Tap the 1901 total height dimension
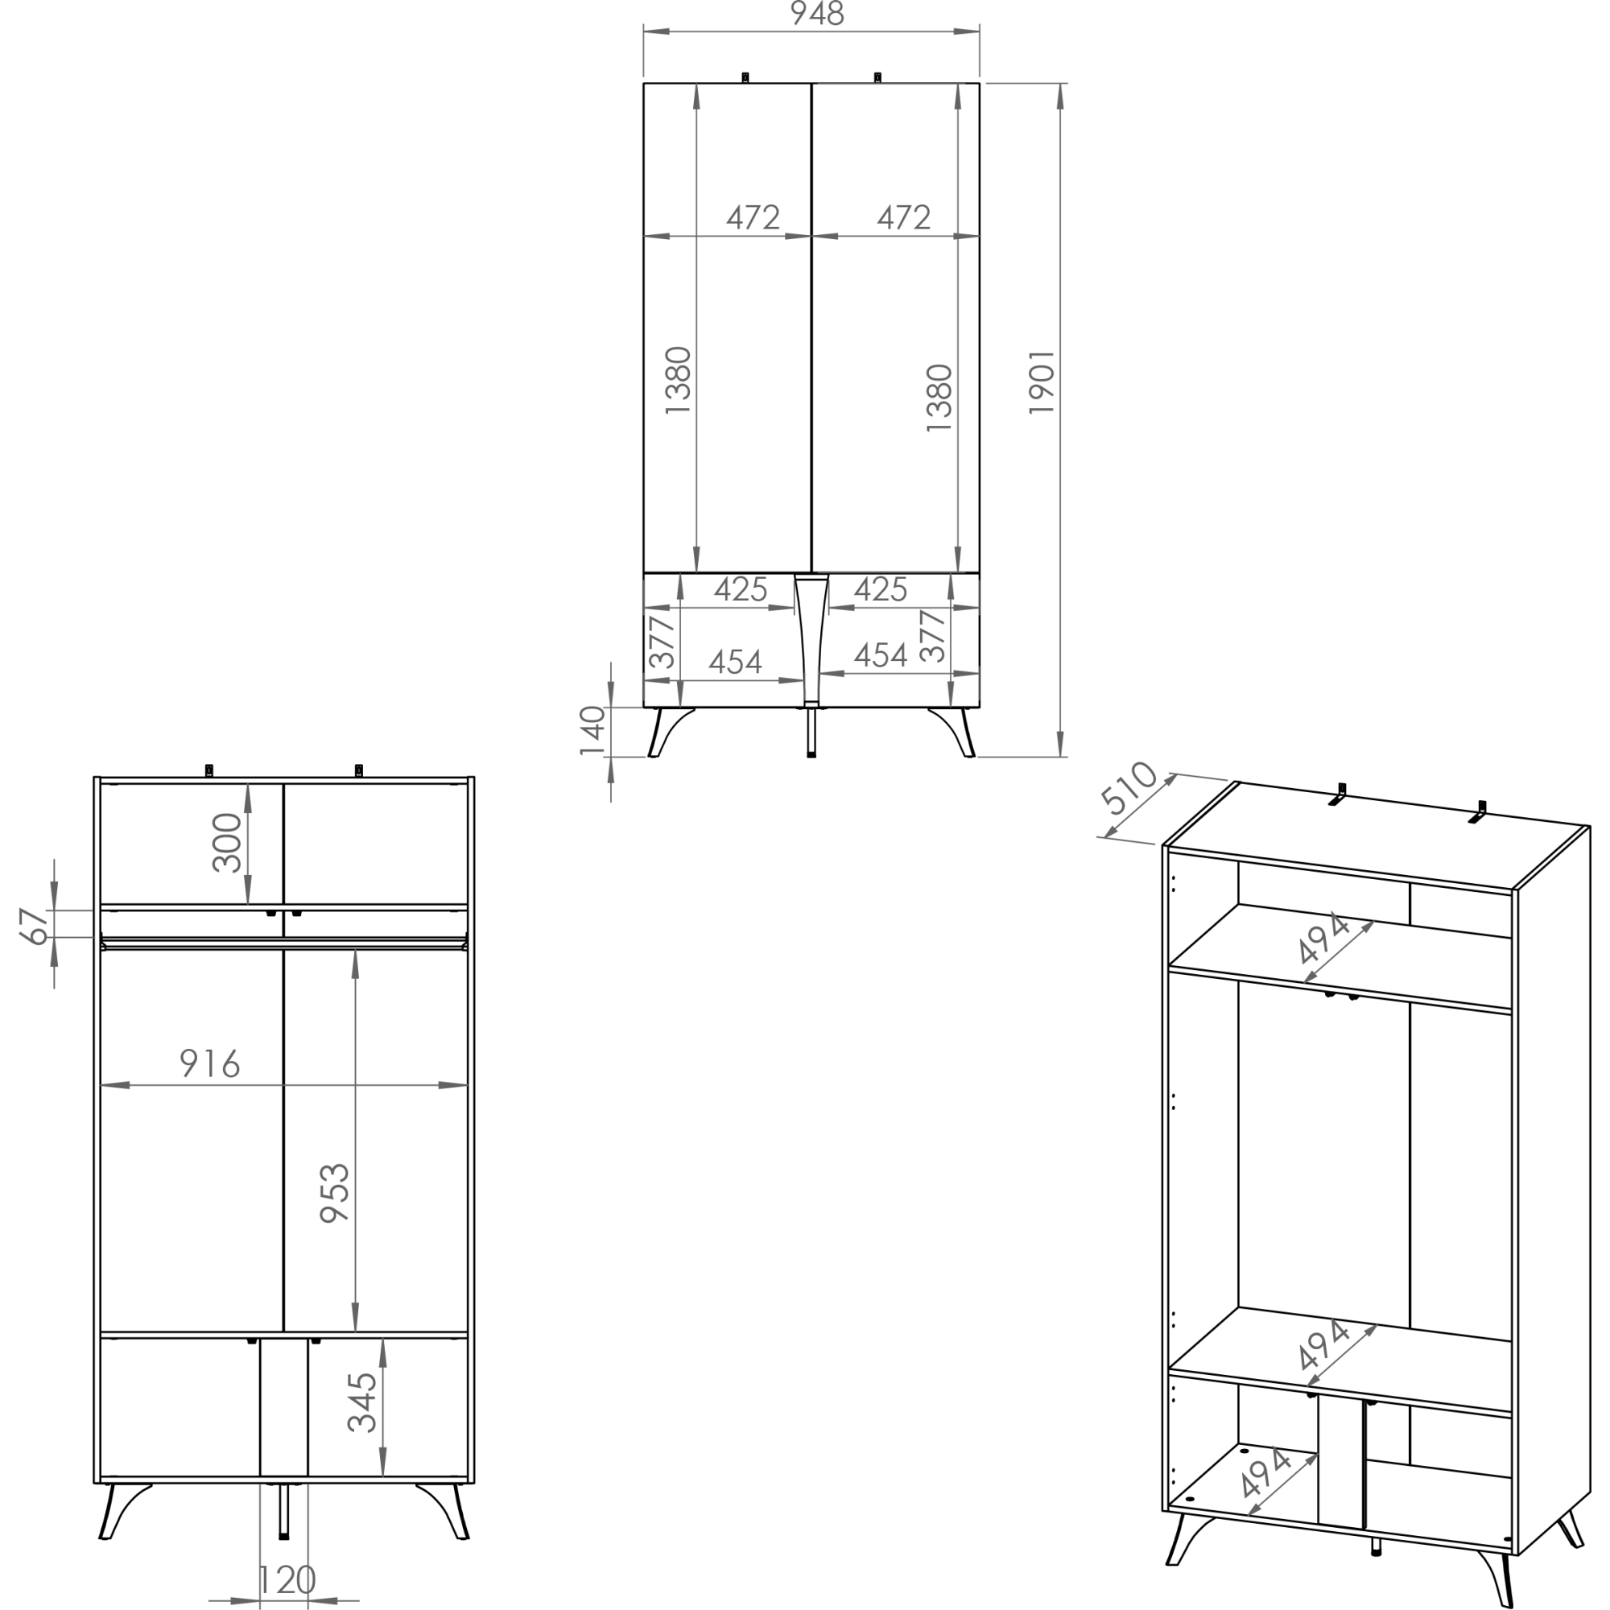click(1042, 382)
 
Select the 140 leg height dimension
click(592, 731)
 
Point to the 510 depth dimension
click(1129, 787)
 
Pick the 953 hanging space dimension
click(335, 1192)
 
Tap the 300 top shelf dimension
click(228, 844)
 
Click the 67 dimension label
click(34, 927)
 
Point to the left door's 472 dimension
click(753, 217)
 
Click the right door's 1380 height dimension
click(939, 398)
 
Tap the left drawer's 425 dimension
click(741, 589)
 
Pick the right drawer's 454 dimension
click(881, 655)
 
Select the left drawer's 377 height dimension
click(662, 642)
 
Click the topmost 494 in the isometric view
click(1324, 939)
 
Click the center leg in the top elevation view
click(811, 733)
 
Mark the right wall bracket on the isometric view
click(1480, 813)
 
